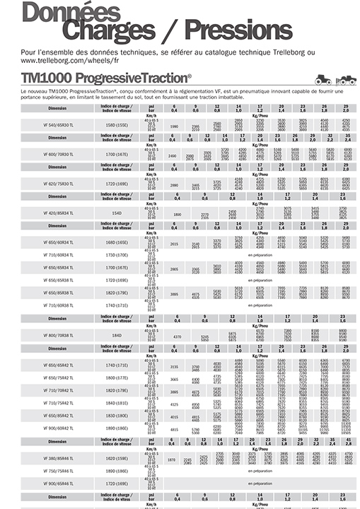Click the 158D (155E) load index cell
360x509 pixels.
point(117,125)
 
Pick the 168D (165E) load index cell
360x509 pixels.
point(117,242)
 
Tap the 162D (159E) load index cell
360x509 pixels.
point(117,458)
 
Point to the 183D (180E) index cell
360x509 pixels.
point(117,416)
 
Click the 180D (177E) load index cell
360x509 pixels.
point(117,378)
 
